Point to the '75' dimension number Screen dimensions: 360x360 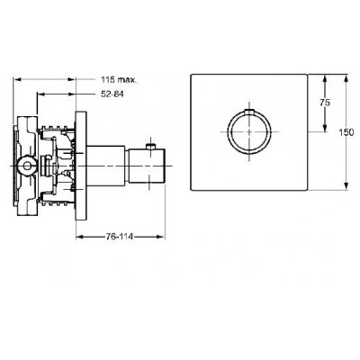pyautogui.click(x=327, y=103)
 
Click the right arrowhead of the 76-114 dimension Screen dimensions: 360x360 pyautogui.click(x=162, y=237)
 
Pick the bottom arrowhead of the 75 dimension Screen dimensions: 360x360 pyautogui.click(x=319, y=130)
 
